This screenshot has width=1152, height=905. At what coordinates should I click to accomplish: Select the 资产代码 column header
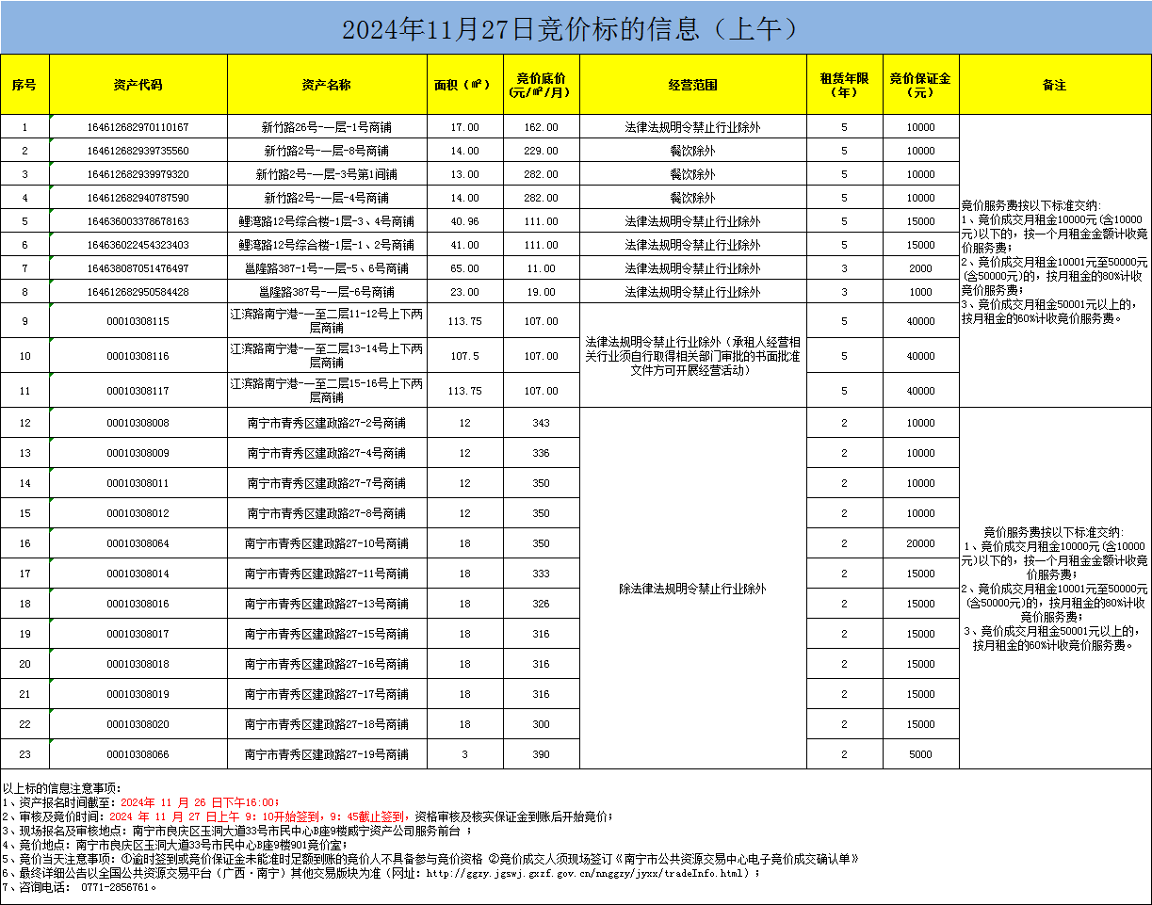point(138,85)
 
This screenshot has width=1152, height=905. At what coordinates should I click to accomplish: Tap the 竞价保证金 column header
point(920,85)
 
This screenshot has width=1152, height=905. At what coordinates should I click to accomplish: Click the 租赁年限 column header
point(844,85)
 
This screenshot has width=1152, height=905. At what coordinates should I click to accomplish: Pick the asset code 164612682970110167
point(138,127)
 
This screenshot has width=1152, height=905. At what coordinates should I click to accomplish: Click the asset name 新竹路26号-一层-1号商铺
point(326,127)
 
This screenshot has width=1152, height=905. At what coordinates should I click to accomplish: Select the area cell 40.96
point(464,221)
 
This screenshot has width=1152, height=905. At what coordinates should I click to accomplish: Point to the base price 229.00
point(541,151)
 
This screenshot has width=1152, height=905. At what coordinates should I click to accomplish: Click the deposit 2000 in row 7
point(920,268)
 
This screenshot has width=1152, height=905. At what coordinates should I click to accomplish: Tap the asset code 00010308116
point(138,356)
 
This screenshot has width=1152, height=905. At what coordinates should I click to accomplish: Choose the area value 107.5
point(464,356)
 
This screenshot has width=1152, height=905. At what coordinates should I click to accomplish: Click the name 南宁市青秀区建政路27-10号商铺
point(326,543)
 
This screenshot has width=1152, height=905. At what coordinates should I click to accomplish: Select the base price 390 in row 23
point(541,754)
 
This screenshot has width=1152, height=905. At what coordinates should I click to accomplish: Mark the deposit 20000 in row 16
point(920,543)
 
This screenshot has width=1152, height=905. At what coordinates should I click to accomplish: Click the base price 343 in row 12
point(541,423)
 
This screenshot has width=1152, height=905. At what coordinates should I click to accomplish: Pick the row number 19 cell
point(24,634)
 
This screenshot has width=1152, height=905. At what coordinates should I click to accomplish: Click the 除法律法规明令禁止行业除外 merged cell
point(692,589)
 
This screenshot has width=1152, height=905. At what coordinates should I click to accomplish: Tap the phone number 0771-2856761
point(117,887)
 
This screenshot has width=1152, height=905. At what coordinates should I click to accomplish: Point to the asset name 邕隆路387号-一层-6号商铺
point(326,292)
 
